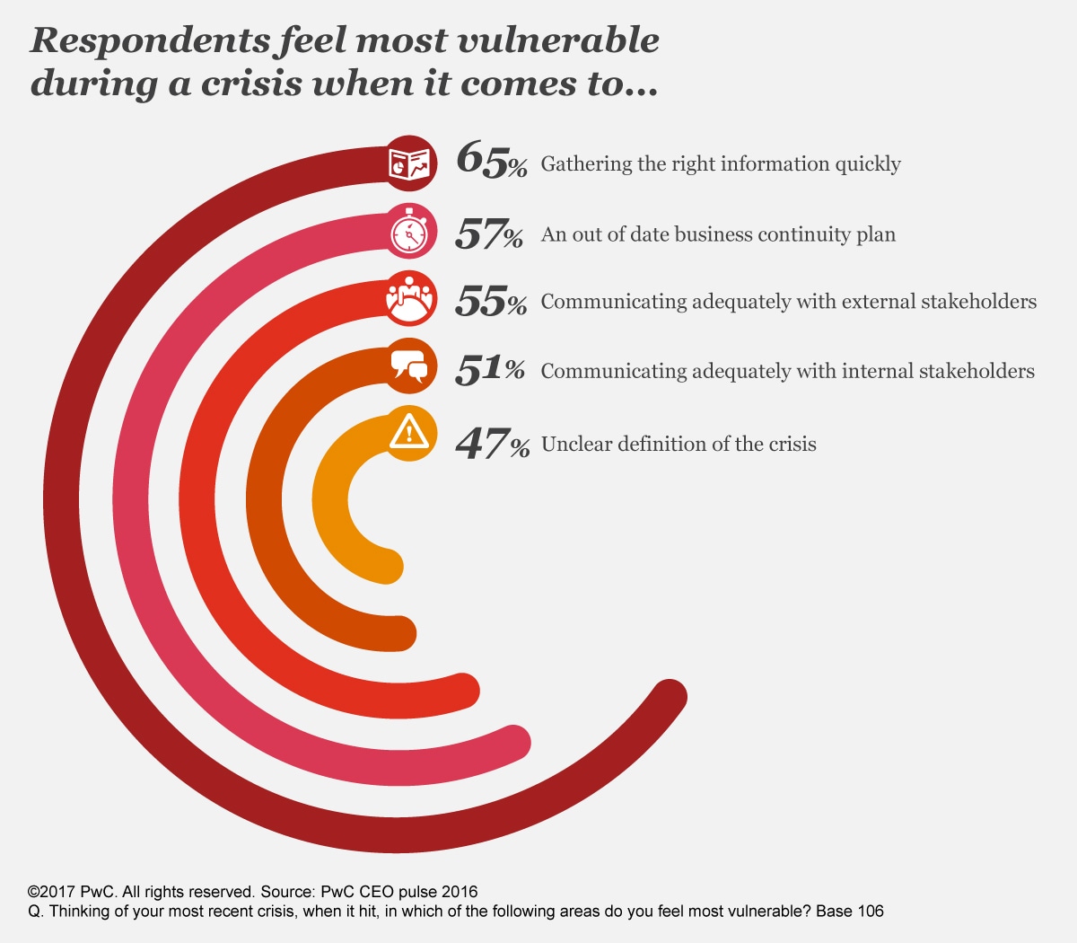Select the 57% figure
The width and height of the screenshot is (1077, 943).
coord(489,234)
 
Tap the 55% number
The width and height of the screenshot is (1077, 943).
coord(490,301)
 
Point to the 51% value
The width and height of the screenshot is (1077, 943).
coord(489,370)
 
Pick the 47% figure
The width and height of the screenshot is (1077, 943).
coord(492,443)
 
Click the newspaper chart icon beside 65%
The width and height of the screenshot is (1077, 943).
coord(410,163)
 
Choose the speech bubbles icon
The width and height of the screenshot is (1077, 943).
coord(410,367)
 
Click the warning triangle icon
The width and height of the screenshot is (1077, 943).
coord(410,433)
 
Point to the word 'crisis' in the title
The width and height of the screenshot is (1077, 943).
coord(250,84)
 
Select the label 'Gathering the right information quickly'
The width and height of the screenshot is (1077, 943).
coord(720,164)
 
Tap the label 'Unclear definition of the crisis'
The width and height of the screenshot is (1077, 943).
coord(679,444)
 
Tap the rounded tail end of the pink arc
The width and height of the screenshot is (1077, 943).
coord(514,743)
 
